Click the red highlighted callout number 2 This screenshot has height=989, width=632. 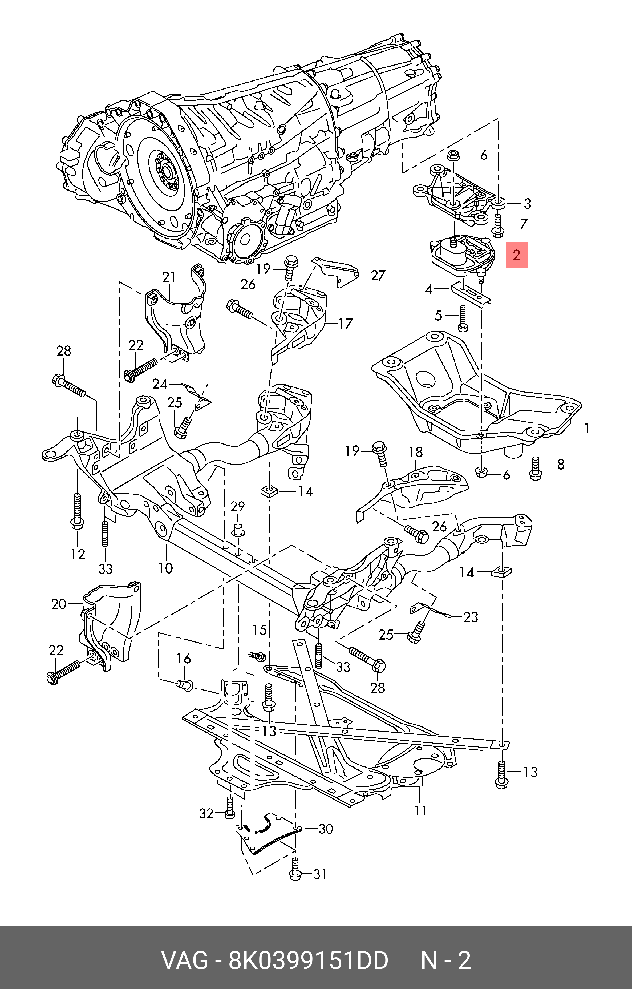tap(516, 255)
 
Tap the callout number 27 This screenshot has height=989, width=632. tap(378, 275)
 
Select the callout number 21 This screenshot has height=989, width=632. tap(168, 278)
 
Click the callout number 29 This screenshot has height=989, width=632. tap(237, 507)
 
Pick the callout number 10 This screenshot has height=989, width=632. tap(165, 568)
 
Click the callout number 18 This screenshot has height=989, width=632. tap(416, 452)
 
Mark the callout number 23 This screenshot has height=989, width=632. tap(471, 617)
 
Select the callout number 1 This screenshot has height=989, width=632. tap(587, 429)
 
